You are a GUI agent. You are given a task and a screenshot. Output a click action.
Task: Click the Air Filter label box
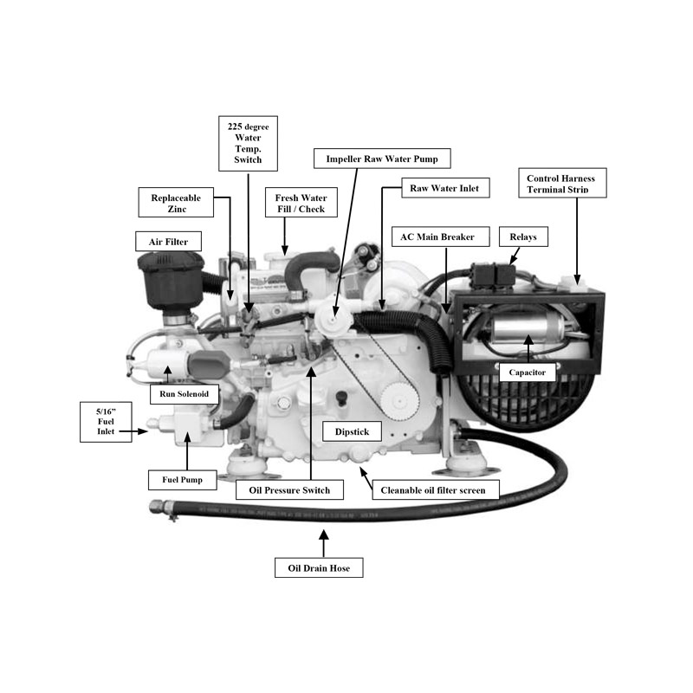[168, 242]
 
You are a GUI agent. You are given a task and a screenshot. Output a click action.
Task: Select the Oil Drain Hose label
[319, 567]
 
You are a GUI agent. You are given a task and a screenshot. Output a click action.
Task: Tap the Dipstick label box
[352, 431]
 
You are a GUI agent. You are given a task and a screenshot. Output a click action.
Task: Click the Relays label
[523, 236]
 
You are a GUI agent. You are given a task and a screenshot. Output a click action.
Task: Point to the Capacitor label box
[528, 372]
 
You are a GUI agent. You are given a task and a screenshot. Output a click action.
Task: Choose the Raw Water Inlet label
[445, 188]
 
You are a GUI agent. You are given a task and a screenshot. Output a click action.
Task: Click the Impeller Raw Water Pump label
[382, 159]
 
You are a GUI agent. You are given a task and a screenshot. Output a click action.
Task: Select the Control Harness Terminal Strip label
[562, 183]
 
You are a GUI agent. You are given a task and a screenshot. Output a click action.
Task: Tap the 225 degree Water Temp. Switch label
[248, 143]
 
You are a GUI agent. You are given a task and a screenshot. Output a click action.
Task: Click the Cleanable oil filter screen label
[436, 489]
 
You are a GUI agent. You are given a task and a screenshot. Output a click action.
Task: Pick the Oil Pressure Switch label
[289, 489]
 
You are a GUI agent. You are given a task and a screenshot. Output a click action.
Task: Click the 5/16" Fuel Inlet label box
[106, 422]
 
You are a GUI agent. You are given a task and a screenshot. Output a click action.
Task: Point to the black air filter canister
[171, 280]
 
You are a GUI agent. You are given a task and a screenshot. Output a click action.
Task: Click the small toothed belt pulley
[399, 401]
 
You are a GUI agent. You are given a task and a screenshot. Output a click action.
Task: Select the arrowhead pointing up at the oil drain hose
[323, 535]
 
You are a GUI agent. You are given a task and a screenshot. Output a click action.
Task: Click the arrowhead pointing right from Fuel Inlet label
[142, 431]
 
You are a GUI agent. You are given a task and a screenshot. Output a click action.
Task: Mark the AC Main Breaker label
[441, 236]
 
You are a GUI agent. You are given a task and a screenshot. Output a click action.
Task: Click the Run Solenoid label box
[185, 394]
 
